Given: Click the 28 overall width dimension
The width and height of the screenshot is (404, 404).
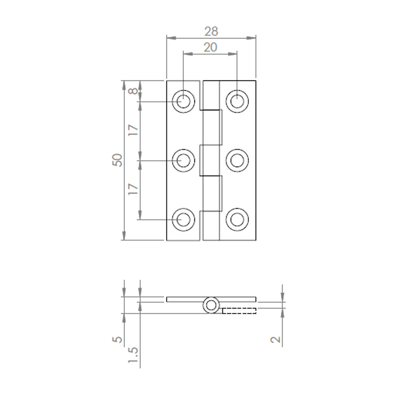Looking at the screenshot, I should (211, 31).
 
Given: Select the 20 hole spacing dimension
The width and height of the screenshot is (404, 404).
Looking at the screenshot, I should (210, 47).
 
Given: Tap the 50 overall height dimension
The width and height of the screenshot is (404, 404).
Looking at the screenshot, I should (118, 160).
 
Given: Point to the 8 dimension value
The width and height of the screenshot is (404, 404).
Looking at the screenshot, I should (133, 91).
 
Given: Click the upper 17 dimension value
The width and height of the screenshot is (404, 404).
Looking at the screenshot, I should (133, 130).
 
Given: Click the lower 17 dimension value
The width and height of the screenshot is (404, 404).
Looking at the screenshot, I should (133, 189).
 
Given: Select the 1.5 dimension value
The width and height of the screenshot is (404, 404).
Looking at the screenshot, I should (133, 355).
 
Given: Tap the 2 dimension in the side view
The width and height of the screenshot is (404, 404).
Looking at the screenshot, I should (275, 340).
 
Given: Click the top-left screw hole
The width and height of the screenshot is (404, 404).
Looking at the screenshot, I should (183, 102).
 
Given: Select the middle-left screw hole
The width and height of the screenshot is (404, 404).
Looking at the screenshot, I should (183, 160).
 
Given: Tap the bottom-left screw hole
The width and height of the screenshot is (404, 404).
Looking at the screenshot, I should (183, 219).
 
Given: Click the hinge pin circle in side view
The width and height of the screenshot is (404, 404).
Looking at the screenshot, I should (211, 306).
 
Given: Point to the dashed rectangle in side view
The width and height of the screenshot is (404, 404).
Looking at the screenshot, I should (239, 310).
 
